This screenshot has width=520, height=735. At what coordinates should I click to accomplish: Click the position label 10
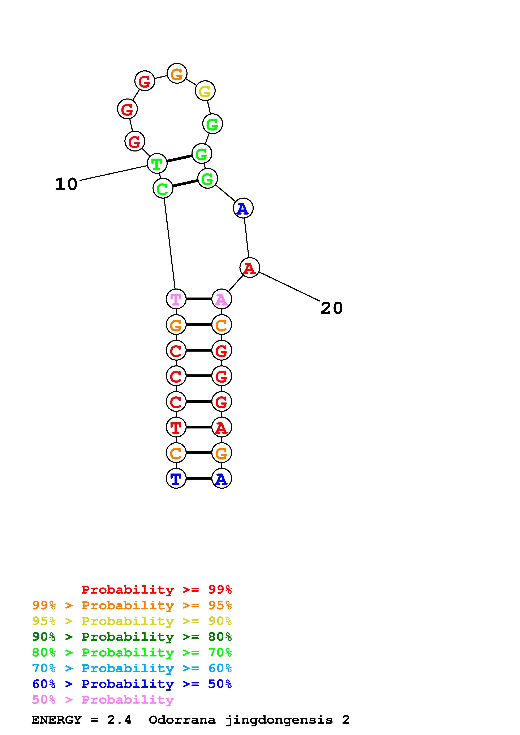[x=66, y=184]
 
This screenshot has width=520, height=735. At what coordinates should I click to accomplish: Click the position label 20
[x=332, y=308]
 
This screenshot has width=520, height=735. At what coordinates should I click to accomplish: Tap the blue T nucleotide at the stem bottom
[x=176, y=478]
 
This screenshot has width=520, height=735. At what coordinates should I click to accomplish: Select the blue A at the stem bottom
[x=221, y=478]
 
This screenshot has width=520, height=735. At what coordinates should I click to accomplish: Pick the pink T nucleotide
[x=176, y=299]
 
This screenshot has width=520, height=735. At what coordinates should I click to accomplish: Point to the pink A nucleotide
[x=221, y=299]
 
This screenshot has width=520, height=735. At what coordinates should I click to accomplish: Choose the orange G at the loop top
[x=177, y=73]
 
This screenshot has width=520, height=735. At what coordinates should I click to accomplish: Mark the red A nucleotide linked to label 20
[x=250, y=268]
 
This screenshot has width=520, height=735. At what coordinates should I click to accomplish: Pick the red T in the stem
[x=176, y=427]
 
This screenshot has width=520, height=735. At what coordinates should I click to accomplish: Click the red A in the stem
[x=221, y=427]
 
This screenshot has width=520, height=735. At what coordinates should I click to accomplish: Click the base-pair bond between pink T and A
[x=199, y=299]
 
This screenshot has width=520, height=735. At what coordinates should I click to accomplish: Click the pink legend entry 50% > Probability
[x=103, y=700]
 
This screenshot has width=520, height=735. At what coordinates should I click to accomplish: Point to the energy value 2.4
[x=119, y=720]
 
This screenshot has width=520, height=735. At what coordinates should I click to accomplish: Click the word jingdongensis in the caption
[x=279, y=720]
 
